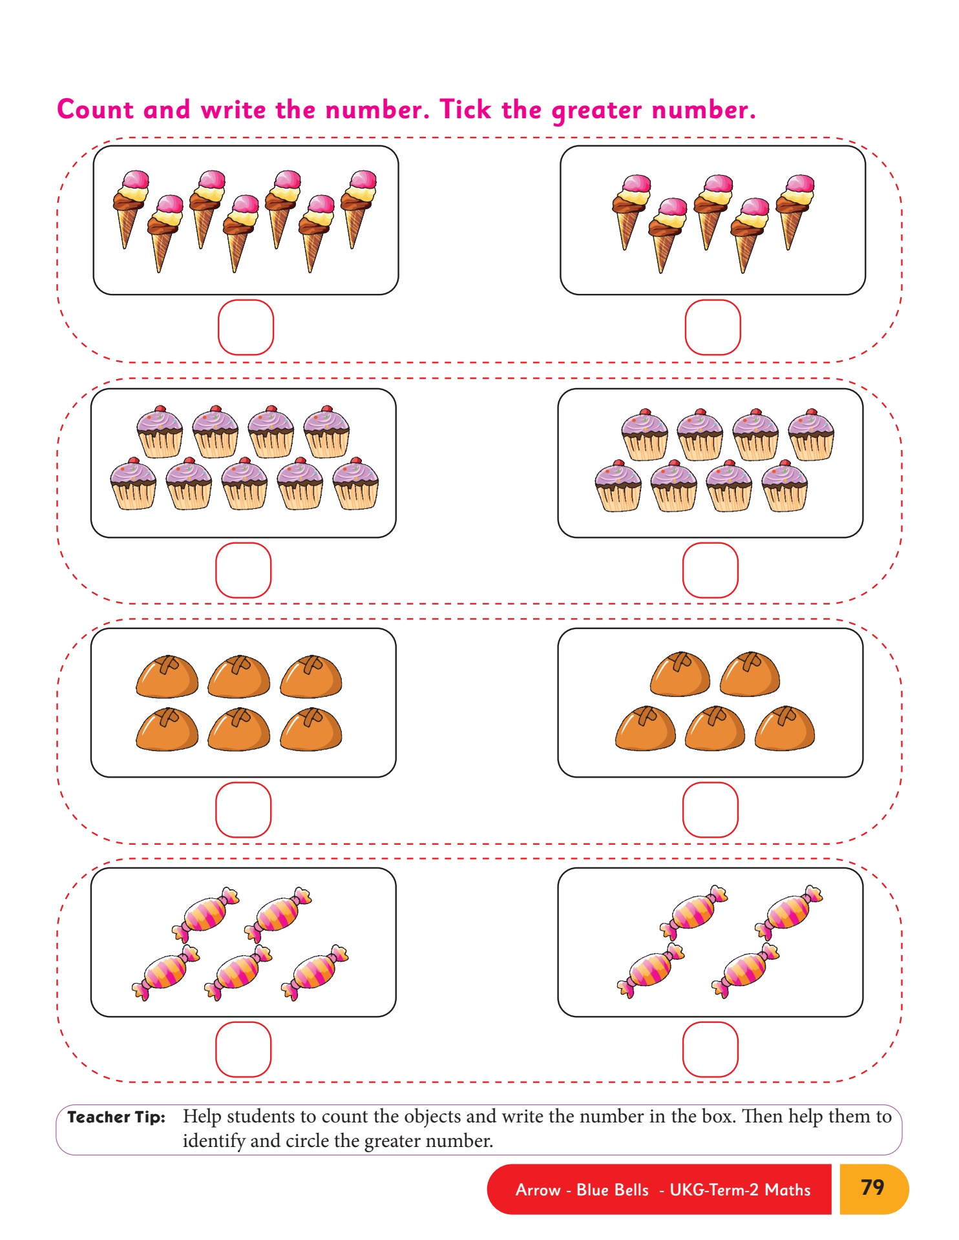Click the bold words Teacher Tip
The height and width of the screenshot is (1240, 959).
pos(116,1117)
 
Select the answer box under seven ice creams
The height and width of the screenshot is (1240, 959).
pos(246,327)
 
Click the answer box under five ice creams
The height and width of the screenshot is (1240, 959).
pos(713,327)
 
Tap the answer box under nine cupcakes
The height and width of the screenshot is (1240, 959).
pos(243,570)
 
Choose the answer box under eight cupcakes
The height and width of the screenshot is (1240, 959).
pos(710,570)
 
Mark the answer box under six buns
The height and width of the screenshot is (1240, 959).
pos(243,810)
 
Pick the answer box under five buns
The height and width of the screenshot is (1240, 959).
pos(710,810)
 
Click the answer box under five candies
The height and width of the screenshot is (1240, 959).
pos(243,1049)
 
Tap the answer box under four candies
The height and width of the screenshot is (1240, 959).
pos(710,1049)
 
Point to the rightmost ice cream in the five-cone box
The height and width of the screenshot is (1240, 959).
pos(795,212)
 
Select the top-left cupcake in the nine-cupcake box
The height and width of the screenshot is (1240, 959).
pos(160,431)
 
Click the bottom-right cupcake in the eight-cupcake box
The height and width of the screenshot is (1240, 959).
pos(785,486)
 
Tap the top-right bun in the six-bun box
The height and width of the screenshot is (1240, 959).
pos(311,676)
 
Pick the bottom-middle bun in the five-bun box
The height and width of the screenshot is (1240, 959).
pos(715,728)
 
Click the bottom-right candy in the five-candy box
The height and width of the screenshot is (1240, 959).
pos(315,972)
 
